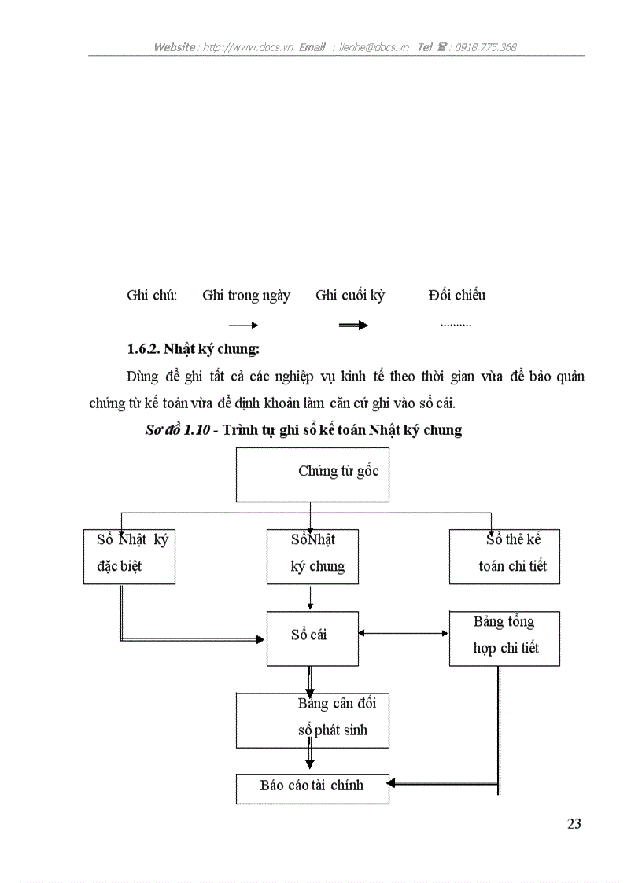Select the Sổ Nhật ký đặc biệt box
(129, 556)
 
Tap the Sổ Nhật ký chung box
(312, 556)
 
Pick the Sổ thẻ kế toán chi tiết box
(504, 556)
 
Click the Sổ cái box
(312, 638)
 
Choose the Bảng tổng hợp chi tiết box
(504, 638)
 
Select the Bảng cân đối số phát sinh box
(312, 720)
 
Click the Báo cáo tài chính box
(312, 789)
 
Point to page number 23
(574, 824)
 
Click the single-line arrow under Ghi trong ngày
(243, 325)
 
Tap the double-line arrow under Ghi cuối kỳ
(353, 325)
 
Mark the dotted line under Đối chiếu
(456, 325)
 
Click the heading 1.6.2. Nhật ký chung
(193, 348)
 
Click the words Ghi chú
(152, 296)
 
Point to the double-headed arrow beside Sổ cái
(404, 634)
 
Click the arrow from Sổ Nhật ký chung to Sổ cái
(311, 597)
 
